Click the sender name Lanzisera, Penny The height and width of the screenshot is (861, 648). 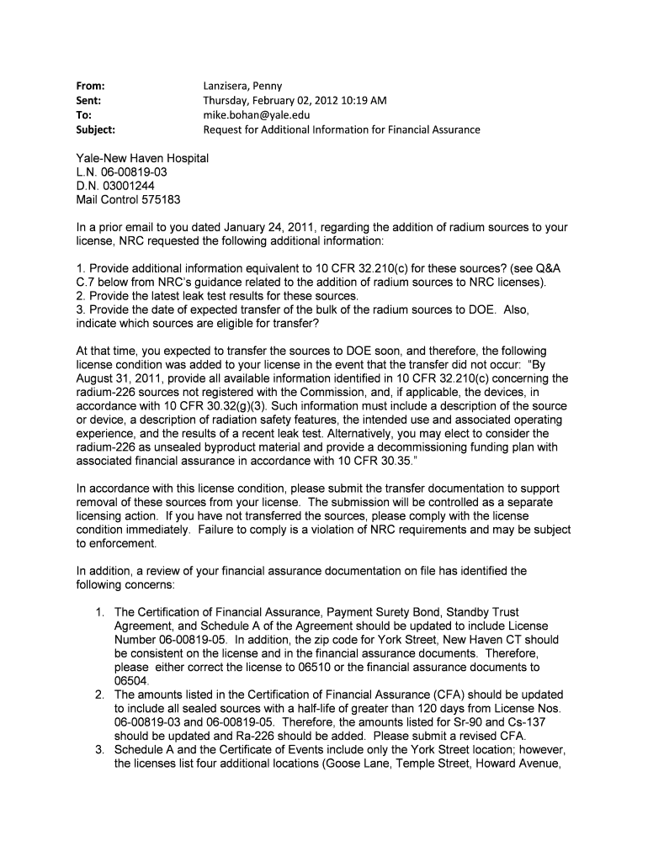(x=243, y=86)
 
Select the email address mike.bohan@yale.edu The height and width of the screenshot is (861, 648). (x=257, y=115)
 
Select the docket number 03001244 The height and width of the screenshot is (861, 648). (x=126, y=186)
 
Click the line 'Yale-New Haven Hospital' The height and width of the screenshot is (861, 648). (x=142, y=158)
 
